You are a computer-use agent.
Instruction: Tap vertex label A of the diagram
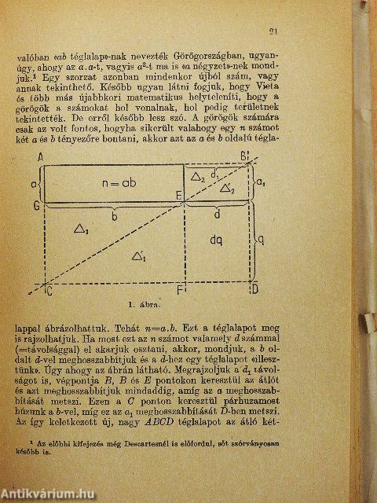point(38,158)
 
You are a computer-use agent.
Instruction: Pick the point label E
point(179,194)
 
